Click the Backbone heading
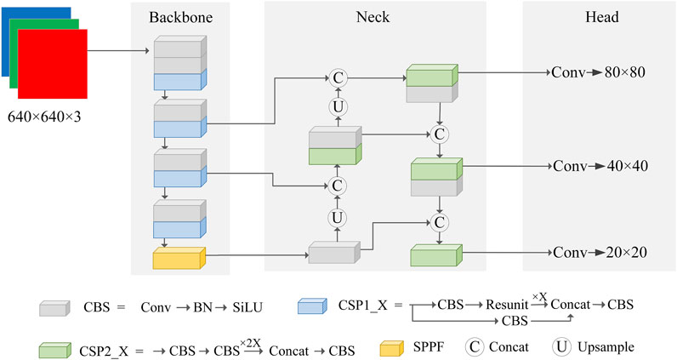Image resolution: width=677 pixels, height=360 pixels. (x=181, y=17)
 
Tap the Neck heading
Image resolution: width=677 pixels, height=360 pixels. (x=373, y=17)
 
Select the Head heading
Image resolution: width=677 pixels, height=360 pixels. (x=602, y=17)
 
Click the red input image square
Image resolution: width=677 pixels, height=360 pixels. (x=53, y=64)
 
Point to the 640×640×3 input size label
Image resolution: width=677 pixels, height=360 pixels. (x=44, y=117)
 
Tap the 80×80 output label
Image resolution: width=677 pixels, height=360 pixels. (x=625, y=72)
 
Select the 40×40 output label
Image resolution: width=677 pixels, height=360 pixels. (x=628, y=166)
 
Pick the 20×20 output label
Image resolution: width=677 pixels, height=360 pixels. (x=626, y=253)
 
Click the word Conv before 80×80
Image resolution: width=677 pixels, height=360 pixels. (x=568, y=72)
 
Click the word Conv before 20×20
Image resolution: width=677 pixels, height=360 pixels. (x=570, y=253)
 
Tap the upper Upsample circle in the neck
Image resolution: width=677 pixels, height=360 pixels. (x=338, y=106)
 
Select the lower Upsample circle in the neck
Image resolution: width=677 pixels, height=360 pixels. (x=337, y=218)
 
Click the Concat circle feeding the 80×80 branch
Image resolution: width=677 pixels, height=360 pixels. (x=338, y=78)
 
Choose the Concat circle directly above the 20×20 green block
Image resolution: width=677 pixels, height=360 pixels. (x=440, y=223)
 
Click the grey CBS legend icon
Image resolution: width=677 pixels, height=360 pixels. (x=54, y=308)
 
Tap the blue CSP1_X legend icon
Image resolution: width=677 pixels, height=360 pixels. (x=312, y=306)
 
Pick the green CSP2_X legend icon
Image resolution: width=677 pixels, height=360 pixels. (x=54, y=350)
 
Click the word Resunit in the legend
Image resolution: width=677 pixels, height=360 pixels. (x=507, y=305)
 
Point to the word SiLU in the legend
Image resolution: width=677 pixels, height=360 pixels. (x=247, y=307)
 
